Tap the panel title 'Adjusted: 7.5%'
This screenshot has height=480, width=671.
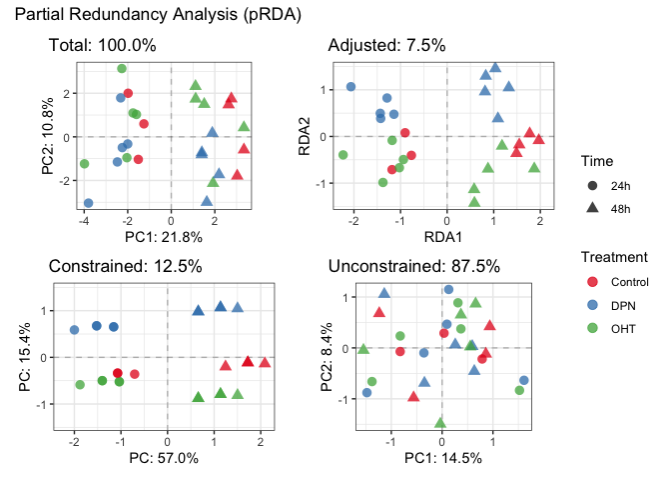pos(386,46)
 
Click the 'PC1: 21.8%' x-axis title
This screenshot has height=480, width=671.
pos(163,237)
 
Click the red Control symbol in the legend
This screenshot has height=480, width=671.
pos(592,282)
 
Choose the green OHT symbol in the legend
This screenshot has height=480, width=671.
pos(592,328)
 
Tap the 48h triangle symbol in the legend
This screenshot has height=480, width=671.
pos(592,208)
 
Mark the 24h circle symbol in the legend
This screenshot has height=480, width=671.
pos(592,185)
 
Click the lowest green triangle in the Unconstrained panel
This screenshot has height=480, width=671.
pos(440,422)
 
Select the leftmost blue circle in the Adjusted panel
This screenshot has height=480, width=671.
pos(351,87)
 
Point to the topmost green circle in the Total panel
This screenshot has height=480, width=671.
pos(122,69)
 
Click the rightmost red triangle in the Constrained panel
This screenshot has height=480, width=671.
pos(265,362)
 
